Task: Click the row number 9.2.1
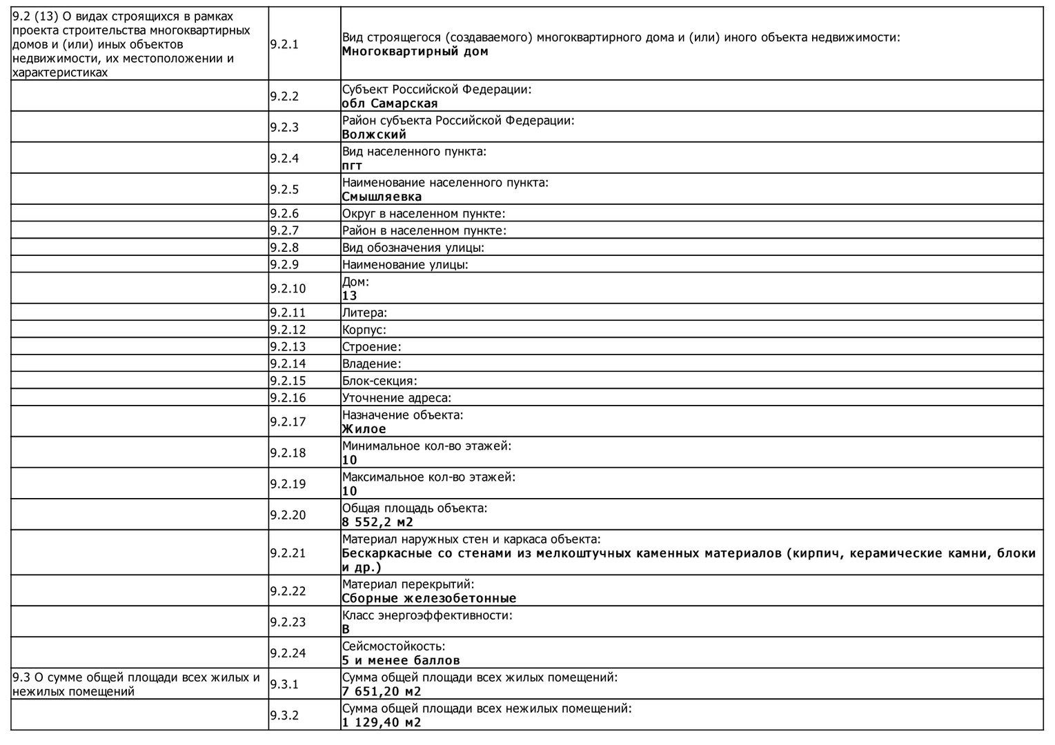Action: pyautogui.click(x=284, y=44)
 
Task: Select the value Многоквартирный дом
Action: pyautogui.click(x=415, y=52)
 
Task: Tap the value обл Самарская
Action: pyautogui.click(x=390, y=103)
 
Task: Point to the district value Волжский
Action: pyautogui.click(x=374, y=135)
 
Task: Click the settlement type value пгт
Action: pyautogui.click(x=352, y=166)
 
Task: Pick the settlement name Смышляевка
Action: pyautogui.click(x=382, y=197)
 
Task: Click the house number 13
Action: pyautogui.click(x=350, y=296)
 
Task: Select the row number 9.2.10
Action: pyautogui.click(x=288, y=288)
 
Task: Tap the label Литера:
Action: pyautogui.click(x=364, y=313)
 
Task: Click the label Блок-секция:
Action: pyautogui.click(x=379, y=381)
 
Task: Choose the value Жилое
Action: pyautogui.click(x=364, y=429)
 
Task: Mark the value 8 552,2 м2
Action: pyautogui.click(x=377, y=522)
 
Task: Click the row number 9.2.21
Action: pyautogui.click(x=288, y=553)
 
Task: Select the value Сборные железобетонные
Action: pyautogui.click(x=429, y=598)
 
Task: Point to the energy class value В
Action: pyautogui.click(x=346, y=629)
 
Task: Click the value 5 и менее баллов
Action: pyautogui.click(x=401, y=660)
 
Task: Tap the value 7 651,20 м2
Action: pyautogui.click(x=382, y=691)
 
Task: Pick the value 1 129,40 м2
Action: pyautogui.click(x=382, y=722)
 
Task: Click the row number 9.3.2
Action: pyautogui.click(x=284, y=715)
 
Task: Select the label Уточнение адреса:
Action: pyautogui.click(x=397, y=398)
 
